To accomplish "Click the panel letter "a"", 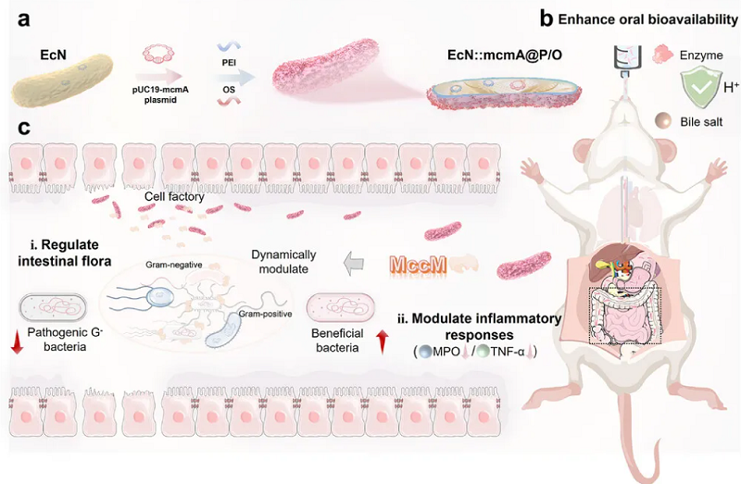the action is (x=24, y=19).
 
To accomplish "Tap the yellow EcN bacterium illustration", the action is (x=62, y=81).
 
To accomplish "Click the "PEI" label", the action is (x=229, y=63).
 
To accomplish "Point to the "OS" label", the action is (x=229, y=89).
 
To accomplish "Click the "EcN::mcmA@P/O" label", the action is (x=505, y=55).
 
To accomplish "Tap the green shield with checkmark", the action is (x=701, y=87).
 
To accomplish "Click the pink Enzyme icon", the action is (x=662, y=55).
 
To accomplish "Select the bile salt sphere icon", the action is (x=663, y=121).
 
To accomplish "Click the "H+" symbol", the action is (x=731, y=87).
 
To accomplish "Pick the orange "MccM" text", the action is (x=419, y=265).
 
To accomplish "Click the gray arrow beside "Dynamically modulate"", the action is (x=354, y=263).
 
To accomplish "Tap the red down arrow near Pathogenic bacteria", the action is (x=17, y=341).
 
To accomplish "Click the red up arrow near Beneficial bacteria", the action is (x=383, y=341).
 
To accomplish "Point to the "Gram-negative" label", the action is (x=174, y=265).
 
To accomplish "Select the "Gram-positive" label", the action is (x=265, y=314).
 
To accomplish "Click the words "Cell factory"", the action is (x=174, y=196).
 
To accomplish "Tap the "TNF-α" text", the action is (x=508, y=352).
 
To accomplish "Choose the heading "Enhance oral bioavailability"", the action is (x=647, y=19).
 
